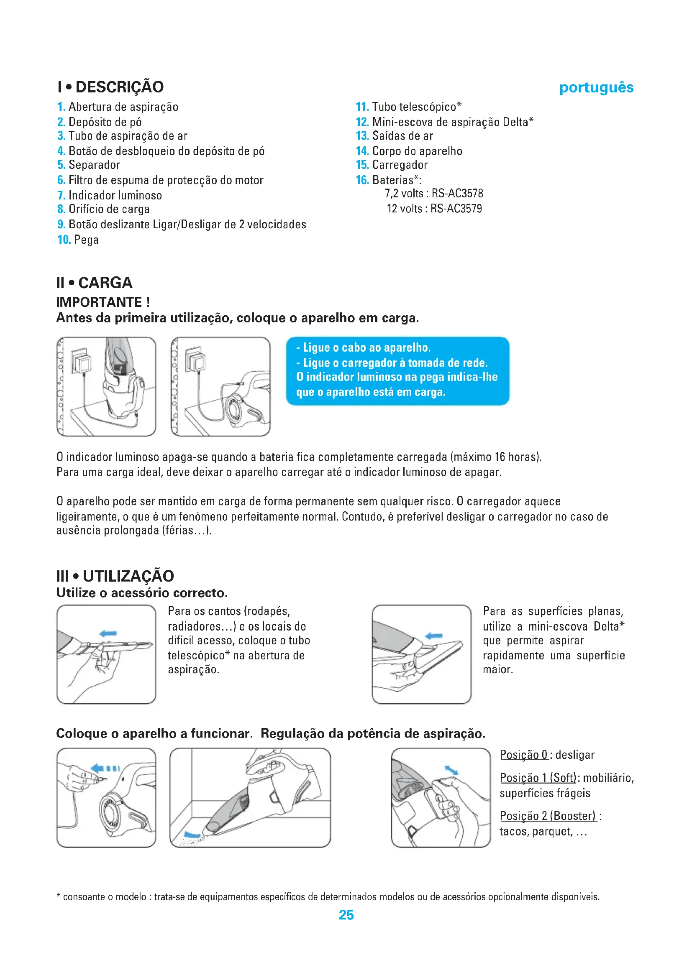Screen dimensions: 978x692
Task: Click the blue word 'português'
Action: (x=596, y=87)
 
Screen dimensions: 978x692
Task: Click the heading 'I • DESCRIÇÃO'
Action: (x=111, y=87)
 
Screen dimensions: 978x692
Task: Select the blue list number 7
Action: (x=61, y=196)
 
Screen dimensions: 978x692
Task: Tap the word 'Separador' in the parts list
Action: (x=94, y=165)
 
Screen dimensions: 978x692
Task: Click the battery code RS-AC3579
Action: (x=456, y=209)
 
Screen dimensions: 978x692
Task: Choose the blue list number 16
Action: (x=362, y=180)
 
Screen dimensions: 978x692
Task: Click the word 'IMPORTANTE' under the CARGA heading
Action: (x=99, y=302)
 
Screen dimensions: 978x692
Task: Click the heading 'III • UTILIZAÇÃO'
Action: (x=115, y=576)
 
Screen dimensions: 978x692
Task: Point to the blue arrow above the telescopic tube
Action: (x=108, y=633)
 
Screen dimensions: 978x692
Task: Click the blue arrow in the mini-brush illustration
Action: (x=434, y=636)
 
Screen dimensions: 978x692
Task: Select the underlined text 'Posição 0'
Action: (x=524, y=755)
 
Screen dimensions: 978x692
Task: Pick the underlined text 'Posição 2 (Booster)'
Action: (x=548, y=816)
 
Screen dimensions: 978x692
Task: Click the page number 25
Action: (x=346, y=915)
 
